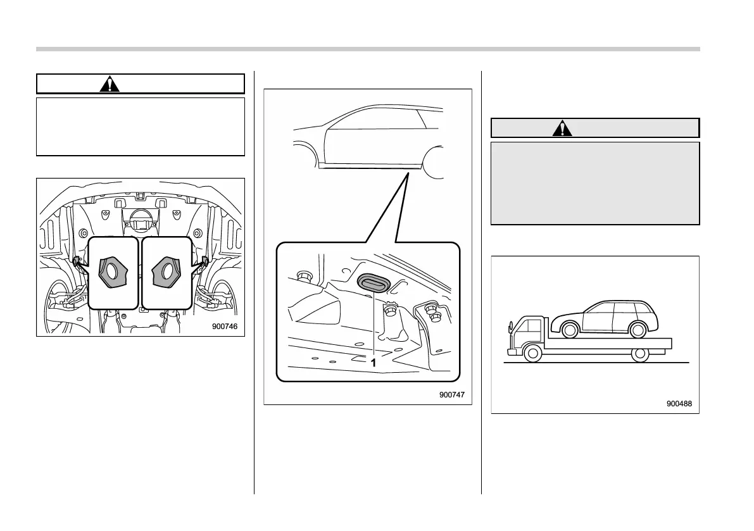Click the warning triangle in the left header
coord(110,84)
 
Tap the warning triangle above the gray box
coord(562,128)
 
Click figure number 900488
coord(679,403)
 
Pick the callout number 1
coord(374,363)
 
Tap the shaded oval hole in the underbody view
coord(370,282)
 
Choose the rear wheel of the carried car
coord(638,328)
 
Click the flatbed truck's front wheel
coord(533,354)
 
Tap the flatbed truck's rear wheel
coord(640,354)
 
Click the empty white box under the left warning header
coord(141,127)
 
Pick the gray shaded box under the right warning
coord(595,183)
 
